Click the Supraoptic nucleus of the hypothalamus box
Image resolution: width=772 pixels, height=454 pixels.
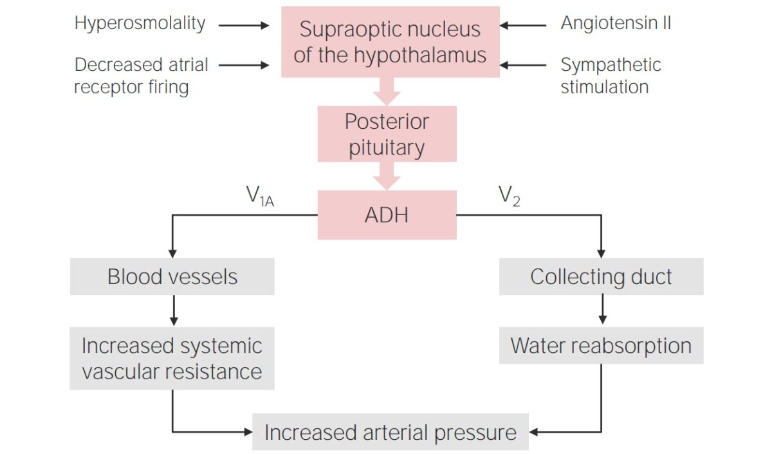click(390, 42)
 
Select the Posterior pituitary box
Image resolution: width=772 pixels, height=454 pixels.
click(387, 134)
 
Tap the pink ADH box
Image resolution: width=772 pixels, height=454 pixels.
click(387, 215)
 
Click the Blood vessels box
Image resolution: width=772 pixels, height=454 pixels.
click(172, 277)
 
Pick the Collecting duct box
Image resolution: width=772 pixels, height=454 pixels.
click(601, 277)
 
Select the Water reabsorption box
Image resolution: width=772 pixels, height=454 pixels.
click(601, 346)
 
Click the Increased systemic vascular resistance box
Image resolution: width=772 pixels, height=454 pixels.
click(172, 359)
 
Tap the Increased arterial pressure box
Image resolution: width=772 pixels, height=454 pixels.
click(390, 432)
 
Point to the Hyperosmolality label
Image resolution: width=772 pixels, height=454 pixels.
click(140, 24)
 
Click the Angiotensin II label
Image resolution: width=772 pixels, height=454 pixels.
click(616, 24)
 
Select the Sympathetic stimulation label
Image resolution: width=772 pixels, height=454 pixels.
click(610, 75)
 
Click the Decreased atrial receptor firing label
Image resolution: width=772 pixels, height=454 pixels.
click(141, 75)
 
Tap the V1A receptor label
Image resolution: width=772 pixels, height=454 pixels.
click(260, 196)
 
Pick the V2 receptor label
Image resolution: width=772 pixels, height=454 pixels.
click(509, 196)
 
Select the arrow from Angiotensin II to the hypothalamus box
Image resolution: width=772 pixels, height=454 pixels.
click(522, 26)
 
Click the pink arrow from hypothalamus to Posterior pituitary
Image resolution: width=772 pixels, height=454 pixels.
click(387, 91)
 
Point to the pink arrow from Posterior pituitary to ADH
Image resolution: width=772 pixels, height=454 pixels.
click(387, 175)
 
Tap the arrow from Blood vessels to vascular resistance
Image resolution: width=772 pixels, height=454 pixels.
click(172, 310)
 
